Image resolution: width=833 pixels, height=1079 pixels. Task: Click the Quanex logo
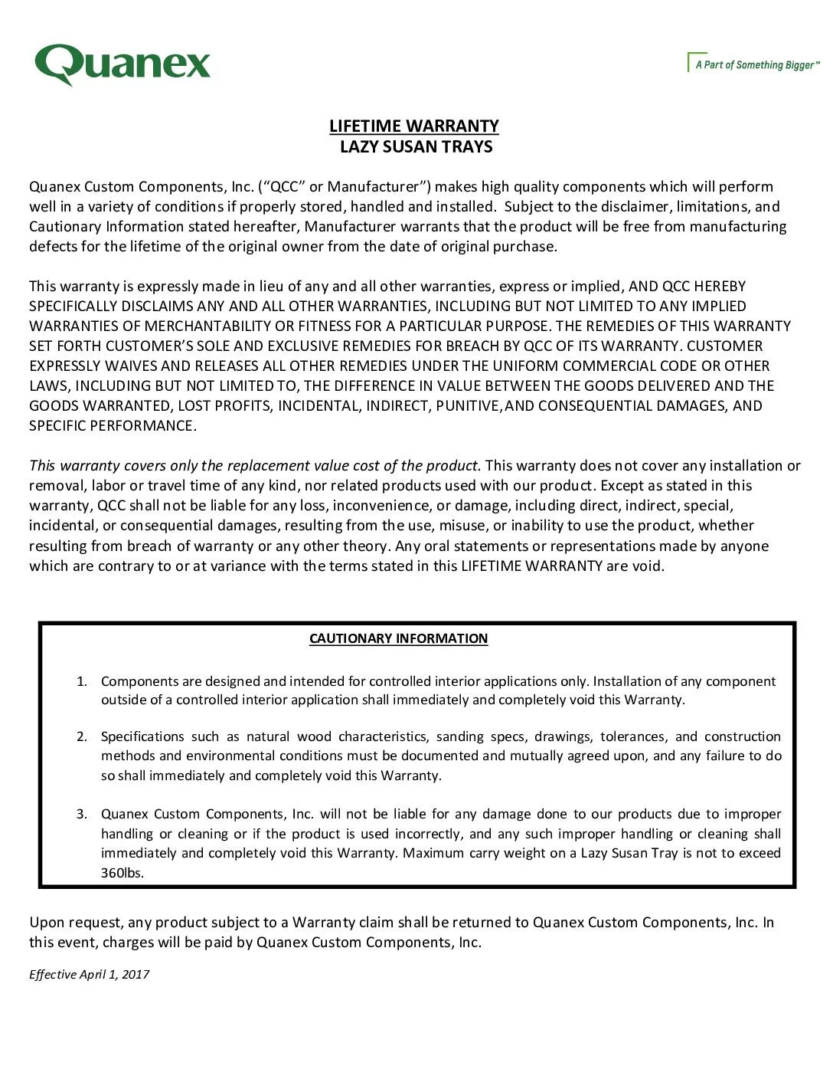click(122, 64)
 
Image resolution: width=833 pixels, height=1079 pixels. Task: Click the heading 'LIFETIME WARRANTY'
click(413, 126)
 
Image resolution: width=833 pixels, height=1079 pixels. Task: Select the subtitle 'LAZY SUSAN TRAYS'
click(416, 146)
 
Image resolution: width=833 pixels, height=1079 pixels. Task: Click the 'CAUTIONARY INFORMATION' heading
click(398, 638)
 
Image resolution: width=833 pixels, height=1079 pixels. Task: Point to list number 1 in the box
click(82, 681)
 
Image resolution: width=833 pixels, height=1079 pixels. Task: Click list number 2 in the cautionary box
click(82, 736)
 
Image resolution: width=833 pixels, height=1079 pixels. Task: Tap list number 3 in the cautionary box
click(82, 814)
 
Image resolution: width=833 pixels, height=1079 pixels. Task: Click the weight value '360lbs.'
click(122, 873)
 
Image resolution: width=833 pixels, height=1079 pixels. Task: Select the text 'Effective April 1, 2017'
click(89, 974)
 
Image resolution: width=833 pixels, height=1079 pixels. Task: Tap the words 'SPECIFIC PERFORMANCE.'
click(113, 425)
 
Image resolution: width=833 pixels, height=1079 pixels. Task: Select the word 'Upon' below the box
click(46, 922)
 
